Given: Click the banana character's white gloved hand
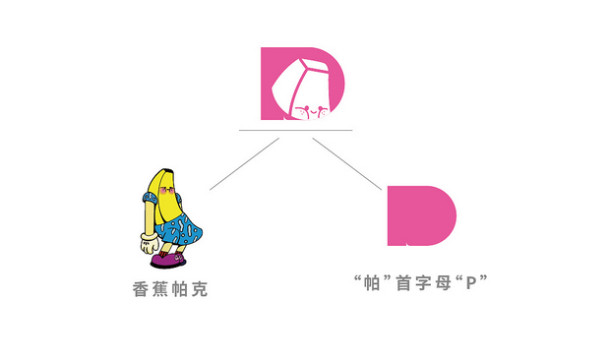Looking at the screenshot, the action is tap(150, 237).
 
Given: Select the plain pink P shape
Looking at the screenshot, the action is tap(420, 214).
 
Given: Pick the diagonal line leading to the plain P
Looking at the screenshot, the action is tap(347, 163).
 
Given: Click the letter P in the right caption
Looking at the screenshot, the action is tap(470, 283).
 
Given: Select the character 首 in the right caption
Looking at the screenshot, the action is tap(401, 283).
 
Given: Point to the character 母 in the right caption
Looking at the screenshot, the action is tap(442, 283).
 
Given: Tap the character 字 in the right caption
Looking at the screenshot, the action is tap(421, 283).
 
